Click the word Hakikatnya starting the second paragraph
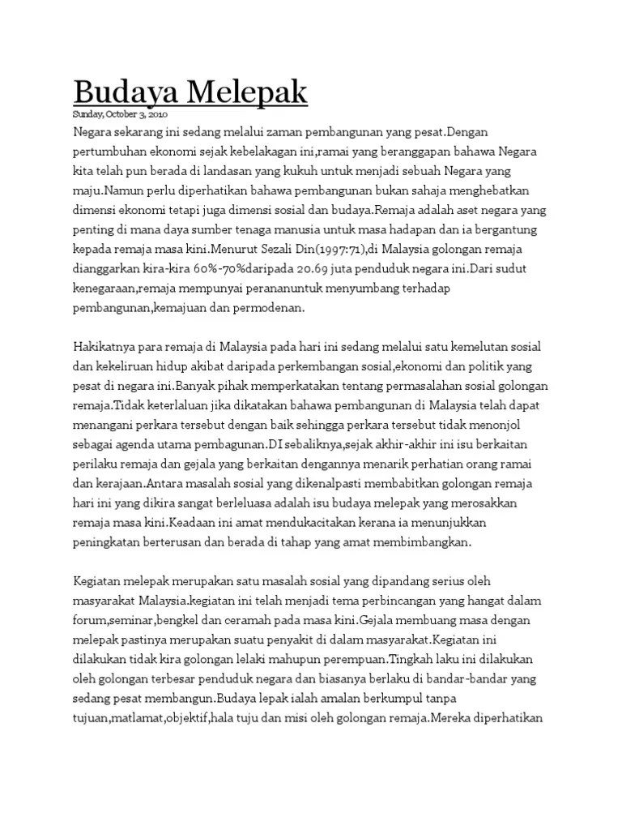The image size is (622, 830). (107, 346)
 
